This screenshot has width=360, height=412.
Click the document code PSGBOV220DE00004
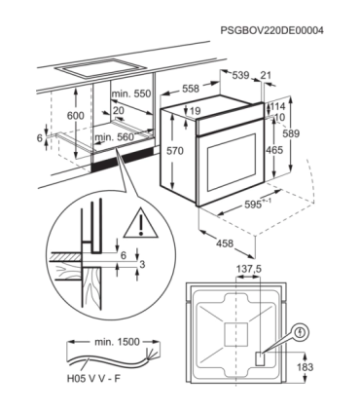pyautogui.click(x=271, y=30)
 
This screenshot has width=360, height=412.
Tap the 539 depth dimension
pyautogui.click(x=240, y=75)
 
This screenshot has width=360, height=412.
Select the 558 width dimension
pyautogui.click(x=191, y=88)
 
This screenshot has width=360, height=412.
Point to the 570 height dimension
pyautogui.click(x=175, y=151)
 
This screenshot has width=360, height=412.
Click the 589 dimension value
pyautogui.click(x=291, y=133)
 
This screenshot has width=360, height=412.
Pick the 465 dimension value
pyautogui.click(x=274, y=150)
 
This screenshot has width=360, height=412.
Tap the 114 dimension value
pyautogui.click(x=277, y=106)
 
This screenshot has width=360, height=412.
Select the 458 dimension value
pyautogui.click(x=225, y=243)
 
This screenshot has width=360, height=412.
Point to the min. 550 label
pyautogui.click(x=131, y=94)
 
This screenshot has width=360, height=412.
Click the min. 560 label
pyautogui.click(x=114, y=137)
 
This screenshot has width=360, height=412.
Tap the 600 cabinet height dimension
pyautogui.click(x=76, y=115)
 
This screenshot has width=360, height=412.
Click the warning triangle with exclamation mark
pyautogui.click(x=140, y=223)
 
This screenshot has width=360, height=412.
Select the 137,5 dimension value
pyautogui.click(x=248, y=269)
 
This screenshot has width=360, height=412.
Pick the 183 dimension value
pyautogui.click(x=306, y=367)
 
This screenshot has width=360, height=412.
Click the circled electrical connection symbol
pyautogui.click(x=302, y=332)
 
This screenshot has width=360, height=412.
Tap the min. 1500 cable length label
pyautogui.click(x=117, y=342)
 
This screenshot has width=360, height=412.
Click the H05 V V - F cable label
pyautogui.click(x=93, y=379)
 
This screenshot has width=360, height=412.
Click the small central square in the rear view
pyautogui.click(x=236, y=334)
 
